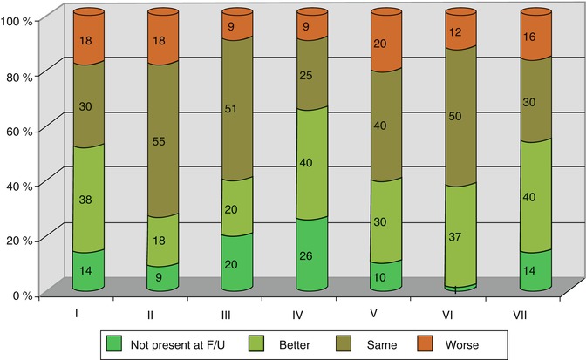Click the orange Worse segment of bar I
(x=88, y=39)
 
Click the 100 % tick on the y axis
(x=17, y=20)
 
